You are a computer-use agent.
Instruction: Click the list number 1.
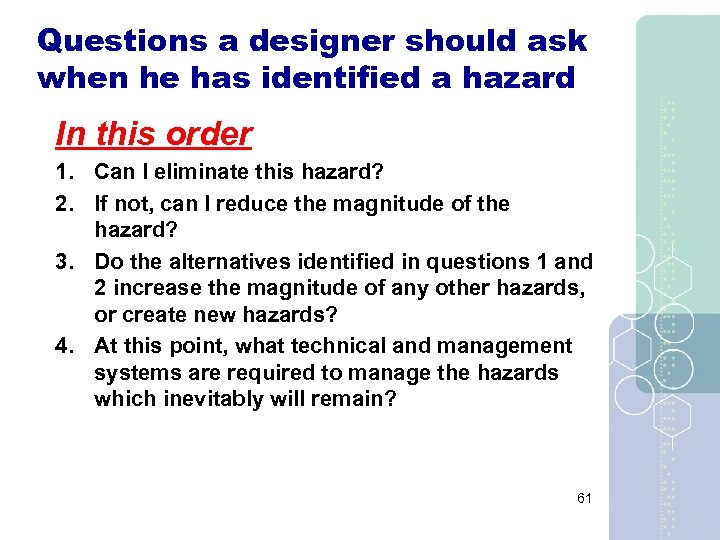(x=63, y=172)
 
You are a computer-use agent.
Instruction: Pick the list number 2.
(x=63, y=204)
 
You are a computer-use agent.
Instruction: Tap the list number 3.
(x=63, y=262)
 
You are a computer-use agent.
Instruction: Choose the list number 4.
(x=63, y=346)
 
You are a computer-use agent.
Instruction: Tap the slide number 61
(x=584, y=498)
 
